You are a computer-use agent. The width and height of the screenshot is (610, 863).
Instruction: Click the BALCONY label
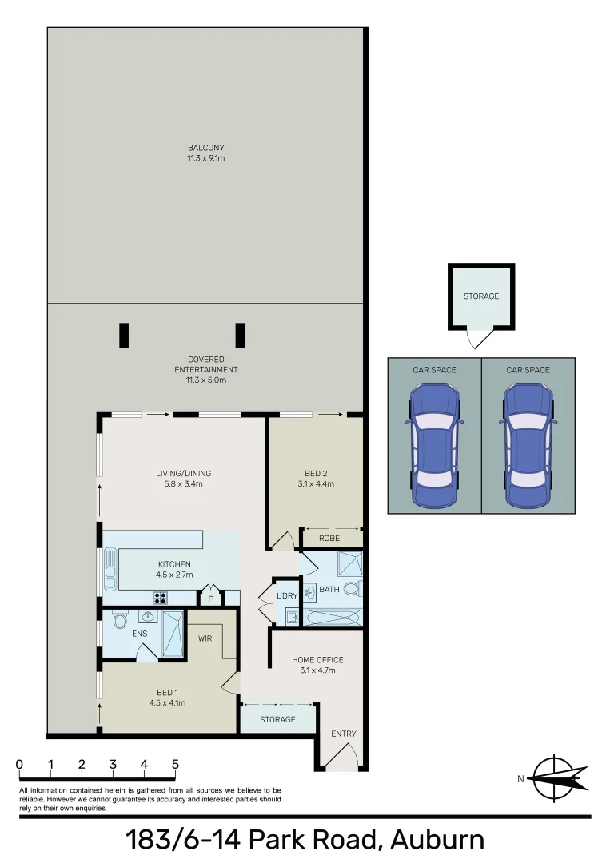click(205, 148)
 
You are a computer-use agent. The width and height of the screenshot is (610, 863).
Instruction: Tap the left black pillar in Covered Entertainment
click(124, 335)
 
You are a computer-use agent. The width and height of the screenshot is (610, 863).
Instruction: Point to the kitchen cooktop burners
click(160, 597)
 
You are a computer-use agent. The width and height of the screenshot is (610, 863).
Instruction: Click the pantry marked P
click(211, 598)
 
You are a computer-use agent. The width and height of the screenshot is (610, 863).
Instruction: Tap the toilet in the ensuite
click(120, 620)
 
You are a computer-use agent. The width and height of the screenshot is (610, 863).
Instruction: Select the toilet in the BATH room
click(356, 591)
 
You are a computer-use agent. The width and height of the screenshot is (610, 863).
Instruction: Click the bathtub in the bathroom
click(332, 618)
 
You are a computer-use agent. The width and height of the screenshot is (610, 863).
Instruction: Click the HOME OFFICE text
click(317, 660)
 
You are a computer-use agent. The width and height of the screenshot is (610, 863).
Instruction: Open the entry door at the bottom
click(343, 758)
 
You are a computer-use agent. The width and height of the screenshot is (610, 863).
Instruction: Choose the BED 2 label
click(314, 473)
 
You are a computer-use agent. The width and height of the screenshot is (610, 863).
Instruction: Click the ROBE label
click(329, 539)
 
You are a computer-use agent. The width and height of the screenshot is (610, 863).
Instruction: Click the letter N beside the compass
click(520, 779)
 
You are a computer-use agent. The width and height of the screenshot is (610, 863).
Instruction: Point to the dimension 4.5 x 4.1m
click(167, 703)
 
